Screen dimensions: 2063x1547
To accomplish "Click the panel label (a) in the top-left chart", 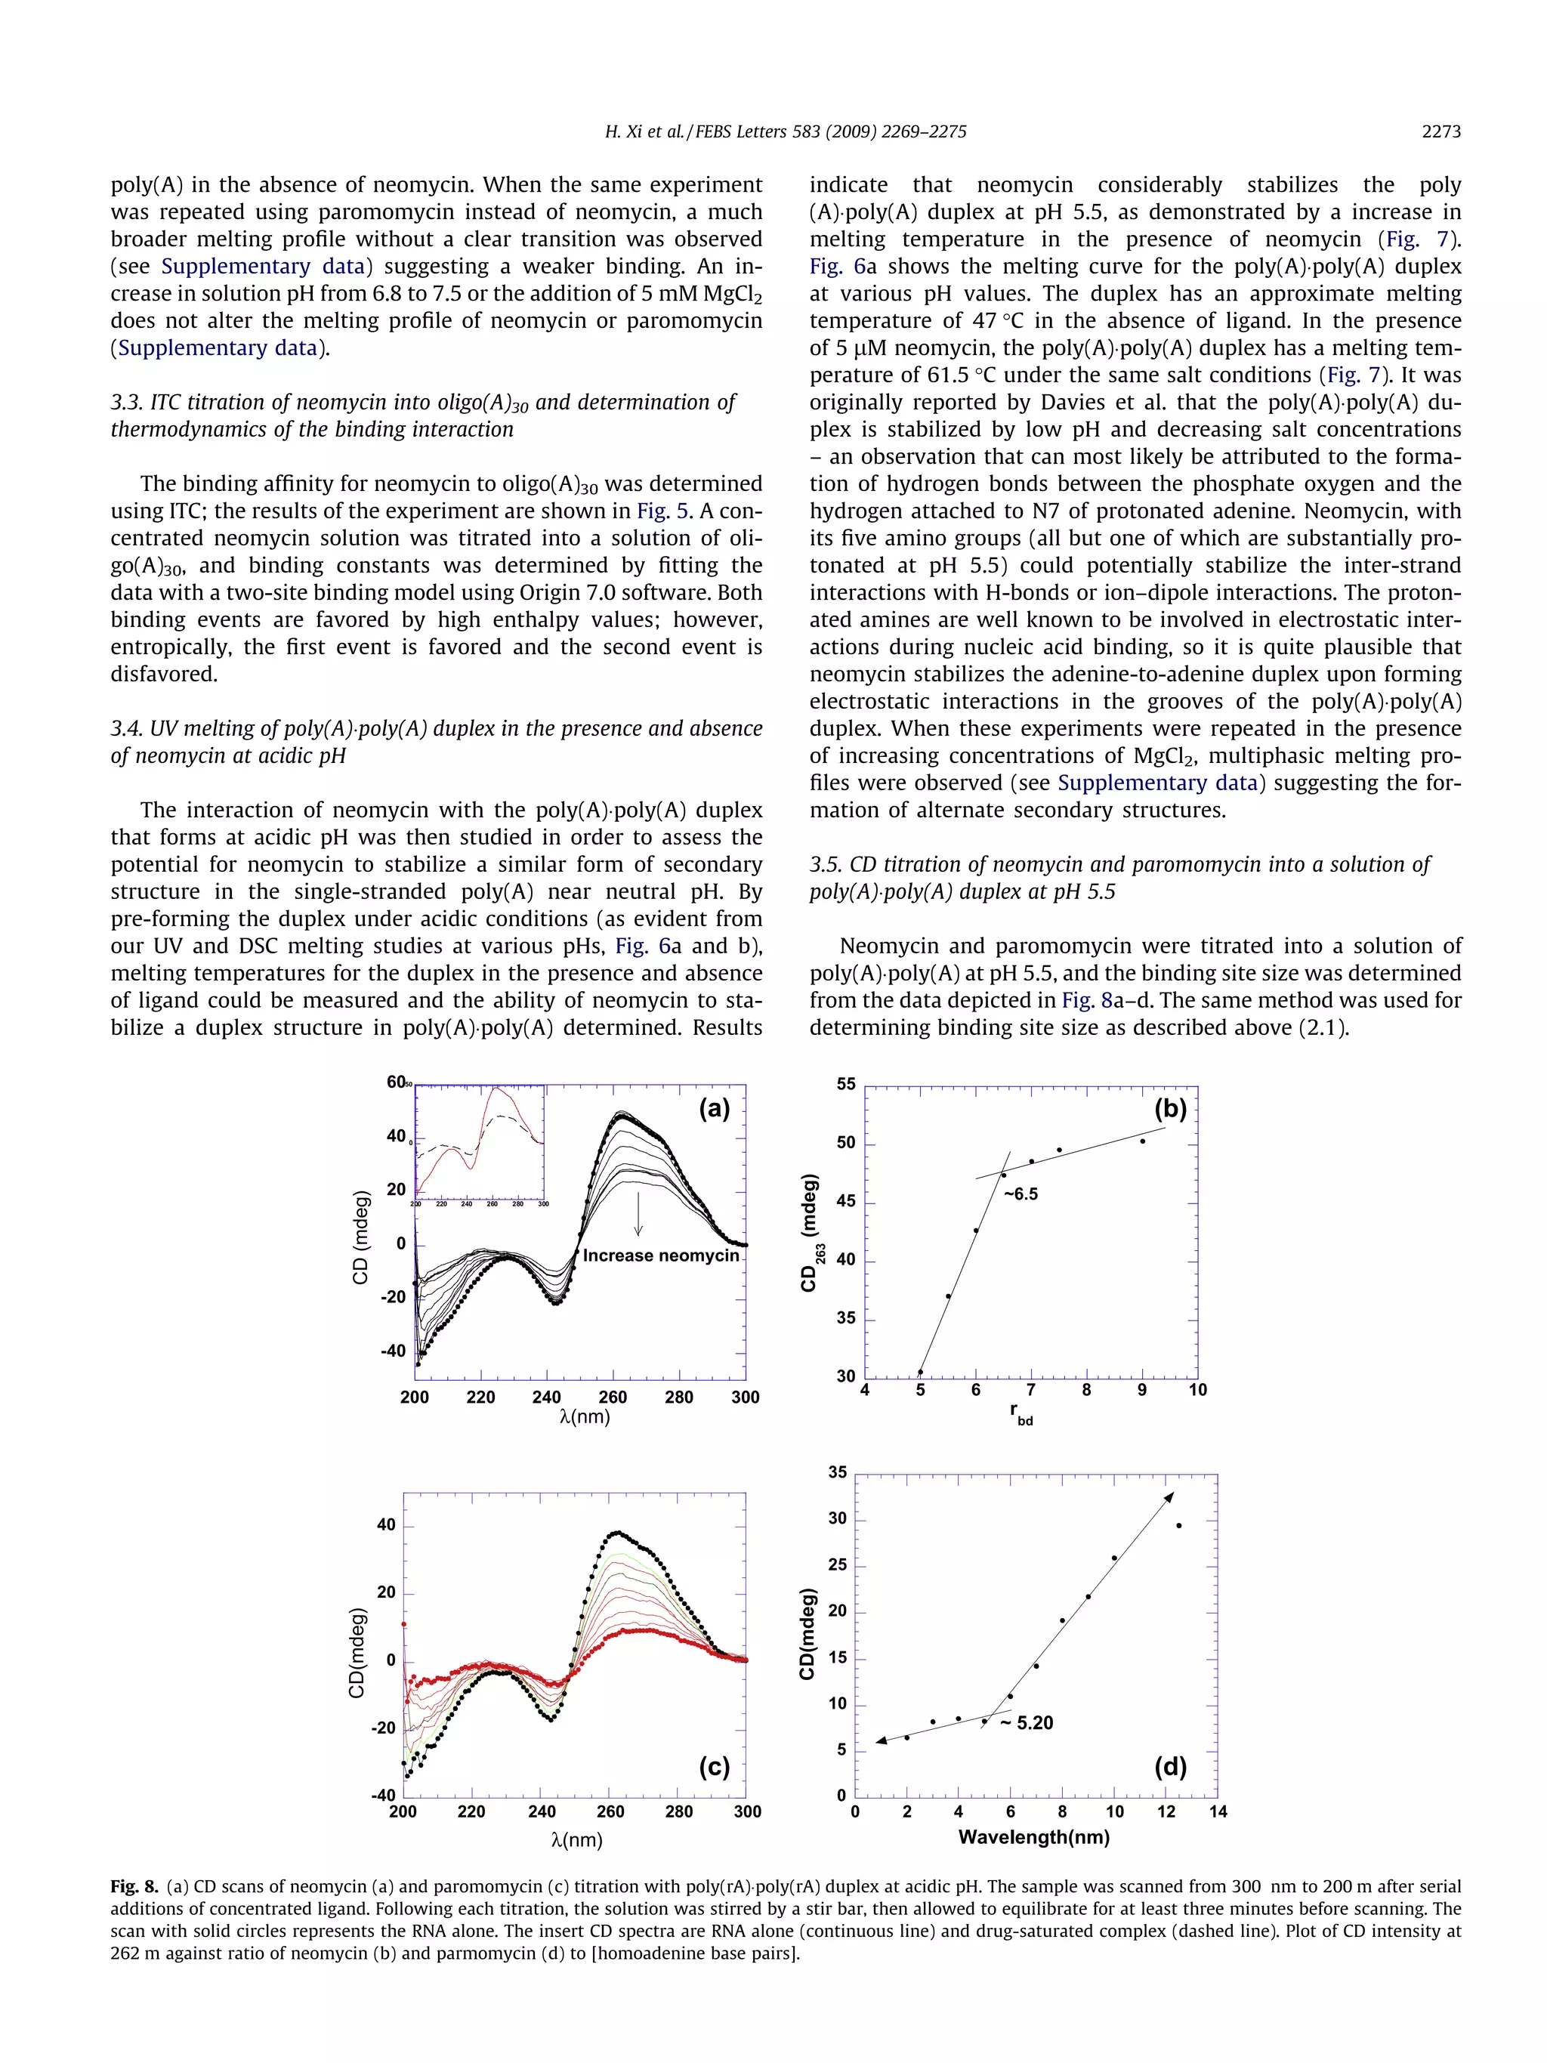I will tap(715, 1108).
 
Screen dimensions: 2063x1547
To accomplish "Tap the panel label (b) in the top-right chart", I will tap(1170, 1108).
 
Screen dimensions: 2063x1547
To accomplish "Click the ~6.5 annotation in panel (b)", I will tap(1021, 1194).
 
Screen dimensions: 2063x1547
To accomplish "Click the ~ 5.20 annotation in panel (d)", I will tap(1027, 1722).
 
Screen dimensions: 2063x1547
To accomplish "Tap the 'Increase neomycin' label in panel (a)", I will tap(660, 1255).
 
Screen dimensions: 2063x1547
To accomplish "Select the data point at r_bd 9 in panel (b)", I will tap(1142, 1141).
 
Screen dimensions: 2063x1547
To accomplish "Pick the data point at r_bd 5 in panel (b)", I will tap(920, 1372).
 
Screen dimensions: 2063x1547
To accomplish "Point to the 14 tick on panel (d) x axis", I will tap(1218, 1811).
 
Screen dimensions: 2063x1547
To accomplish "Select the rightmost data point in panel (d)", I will tap(1178, 1526).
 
